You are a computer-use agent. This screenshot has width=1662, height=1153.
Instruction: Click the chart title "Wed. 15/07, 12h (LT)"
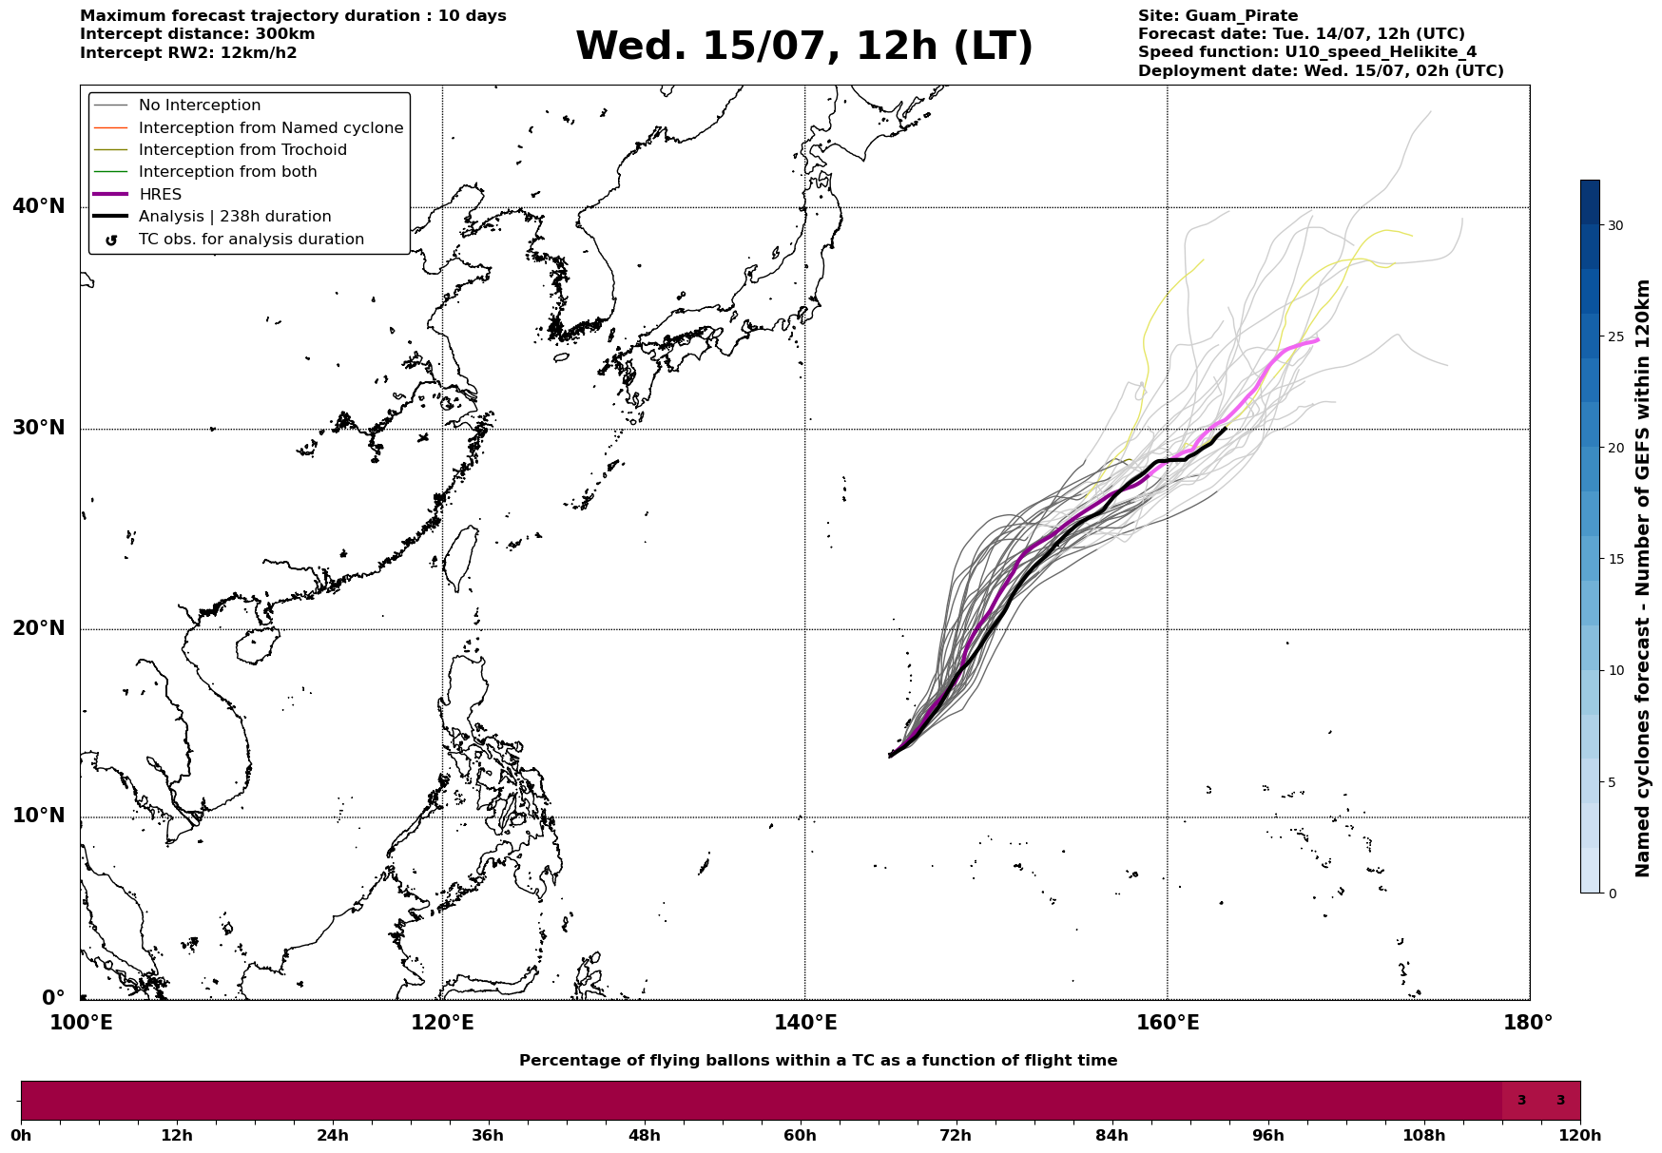coord(803,48)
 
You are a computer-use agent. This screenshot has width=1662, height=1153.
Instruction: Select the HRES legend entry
coord(160,195)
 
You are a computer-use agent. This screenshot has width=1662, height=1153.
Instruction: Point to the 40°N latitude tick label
coord(38,206)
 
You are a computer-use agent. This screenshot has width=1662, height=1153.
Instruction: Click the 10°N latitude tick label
coord(38,817)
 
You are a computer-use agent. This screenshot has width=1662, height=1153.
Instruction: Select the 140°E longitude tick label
coord(804,1024)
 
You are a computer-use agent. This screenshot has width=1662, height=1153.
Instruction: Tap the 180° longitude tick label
coord(1529,1024)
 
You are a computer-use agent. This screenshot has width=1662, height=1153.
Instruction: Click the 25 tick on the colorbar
coord(1615,336)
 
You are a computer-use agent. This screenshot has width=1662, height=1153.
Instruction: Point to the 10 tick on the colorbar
coord(1615,670)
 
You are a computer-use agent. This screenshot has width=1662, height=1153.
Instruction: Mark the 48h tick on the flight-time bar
coord(644,1136)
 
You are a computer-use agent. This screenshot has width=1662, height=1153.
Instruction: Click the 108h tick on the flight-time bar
coord(1424,1136)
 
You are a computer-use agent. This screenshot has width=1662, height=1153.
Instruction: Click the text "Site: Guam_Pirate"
coord(1218,16)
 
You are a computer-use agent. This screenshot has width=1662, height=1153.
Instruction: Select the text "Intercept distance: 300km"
coord(198,34)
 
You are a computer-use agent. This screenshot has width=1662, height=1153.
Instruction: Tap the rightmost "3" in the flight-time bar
coord(1560,1101)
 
